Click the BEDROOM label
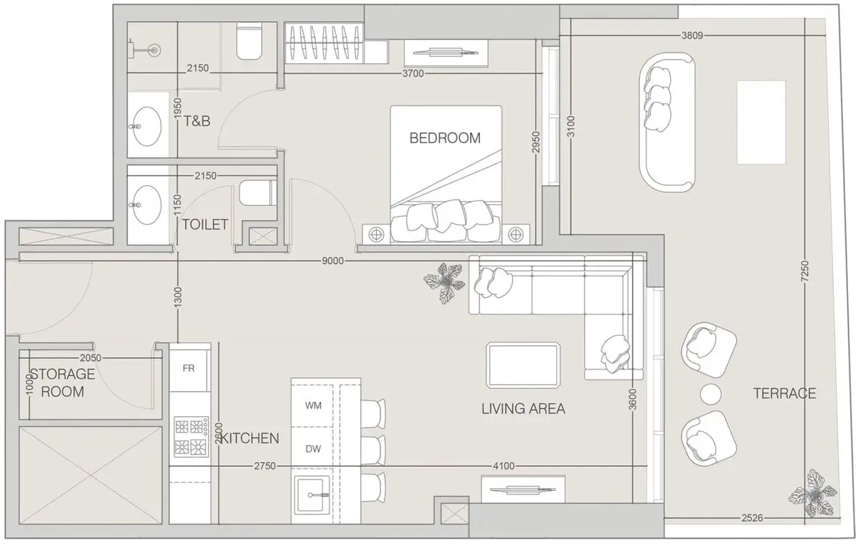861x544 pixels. pos(445,138)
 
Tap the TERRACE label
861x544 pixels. pos(784,393)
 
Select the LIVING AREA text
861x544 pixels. pos(523,408)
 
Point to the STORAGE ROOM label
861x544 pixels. pos(62,383)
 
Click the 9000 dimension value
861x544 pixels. pos(332,261)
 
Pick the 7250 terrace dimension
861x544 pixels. pos(804,271)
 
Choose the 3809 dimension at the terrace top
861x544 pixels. pos(692,36)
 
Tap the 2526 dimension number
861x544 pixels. pos(752,518)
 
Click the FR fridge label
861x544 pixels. pos(188,369)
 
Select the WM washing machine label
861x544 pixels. pos(314,405)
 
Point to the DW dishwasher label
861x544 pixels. pos(314,449)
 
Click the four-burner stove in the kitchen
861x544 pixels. pos(192,437)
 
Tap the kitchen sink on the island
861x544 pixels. pos(311,494)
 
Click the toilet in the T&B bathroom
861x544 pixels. pos(249,41)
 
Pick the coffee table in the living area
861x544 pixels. pos(523,365)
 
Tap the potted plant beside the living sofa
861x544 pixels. pos(445,283)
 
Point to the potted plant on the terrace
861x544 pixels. pos(812,493)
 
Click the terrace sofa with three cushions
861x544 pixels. pos(667,122)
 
